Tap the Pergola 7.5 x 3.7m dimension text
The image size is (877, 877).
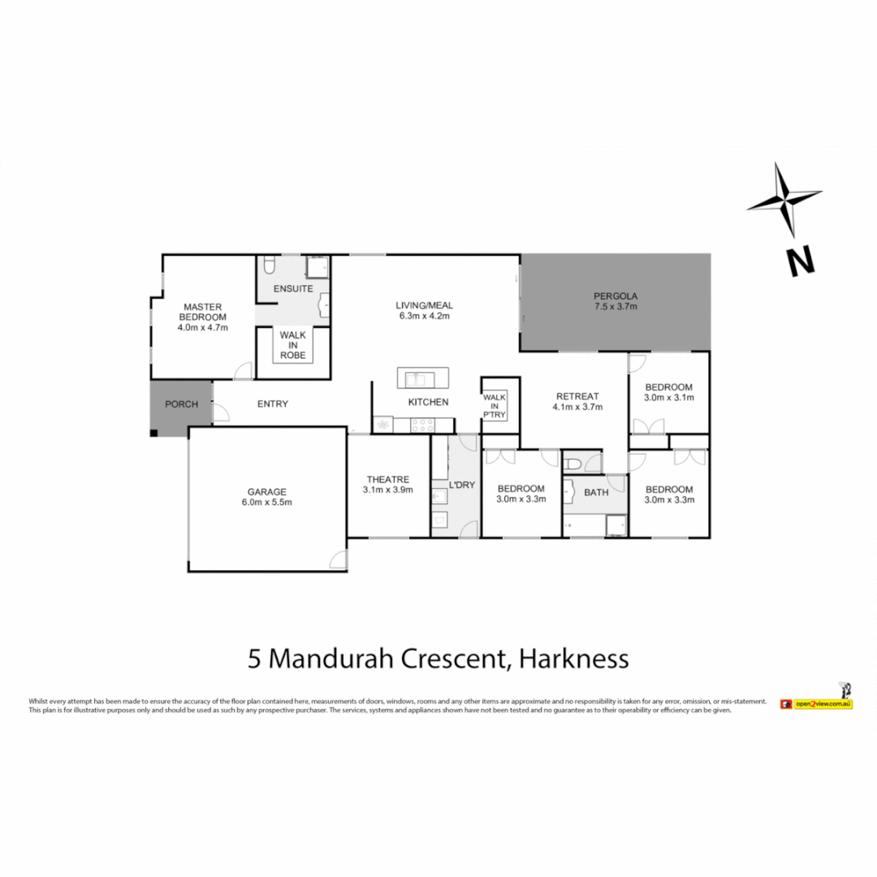pos(615,307)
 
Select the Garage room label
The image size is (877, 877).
pos(267,491)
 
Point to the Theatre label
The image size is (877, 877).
pos(387,479)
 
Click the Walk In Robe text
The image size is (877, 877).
pos(292,345)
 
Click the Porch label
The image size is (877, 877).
pos(181,404)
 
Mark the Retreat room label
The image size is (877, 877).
pos(577,396)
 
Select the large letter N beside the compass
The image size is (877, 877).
pos(800,261)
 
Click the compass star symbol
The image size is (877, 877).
pos(784,200)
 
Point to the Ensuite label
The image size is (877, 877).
pos(292,289)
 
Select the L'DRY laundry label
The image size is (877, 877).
pos(460,485)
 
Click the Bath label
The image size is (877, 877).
pos(595,492)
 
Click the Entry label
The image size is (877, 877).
pos(272,404)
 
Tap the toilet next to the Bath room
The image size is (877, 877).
pos(573,464)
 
